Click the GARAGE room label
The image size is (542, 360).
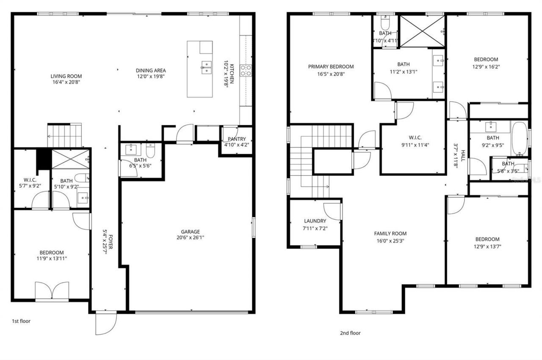click(x=190, y=232)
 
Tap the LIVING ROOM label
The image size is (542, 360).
click(x=66, y=76)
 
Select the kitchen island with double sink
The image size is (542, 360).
click(x=200, y=69)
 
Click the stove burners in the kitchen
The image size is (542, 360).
click(x=246, y=70)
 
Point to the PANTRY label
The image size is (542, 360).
click(x=236, y=139)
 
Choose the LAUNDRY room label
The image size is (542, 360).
click(x=315, y=221)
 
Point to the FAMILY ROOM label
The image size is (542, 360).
click(x=390, y=233)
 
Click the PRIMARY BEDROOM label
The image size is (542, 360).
click(x=331, y=66)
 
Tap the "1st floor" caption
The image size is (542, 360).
click(x=21, y=321)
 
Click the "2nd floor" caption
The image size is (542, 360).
click(x=350, y=333)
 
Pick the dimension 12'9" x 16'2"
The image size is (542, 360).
click(x=486, y=66)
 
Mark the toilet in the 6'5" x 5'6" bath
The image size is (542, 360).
click(x=150, y=150)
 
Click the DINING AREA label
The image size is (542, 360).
click(x=150, y=70)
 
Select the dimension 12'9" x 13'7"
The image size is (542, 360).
click(x=487, y=246)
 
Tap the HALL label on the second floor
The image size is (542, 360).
click(x=463, y=156)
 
